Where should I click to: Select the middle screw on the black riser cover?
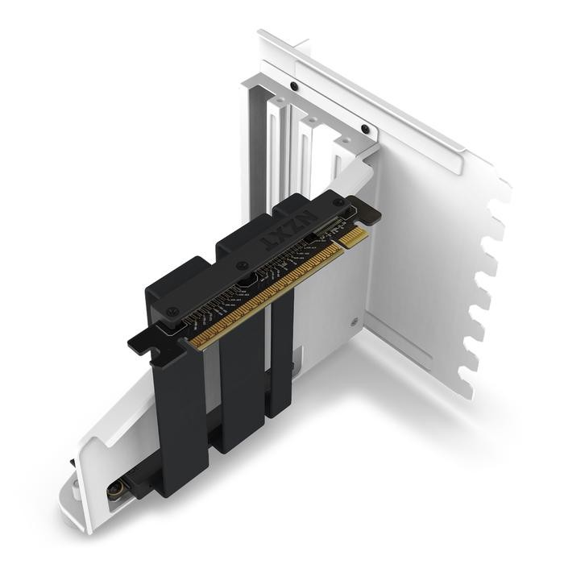point(242,265)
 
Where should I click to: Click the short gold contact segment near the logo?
point(352,238)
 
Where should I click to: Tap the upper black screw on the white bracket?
point(295,86)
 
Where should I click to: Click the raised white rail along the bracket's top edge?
point(363,89)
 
